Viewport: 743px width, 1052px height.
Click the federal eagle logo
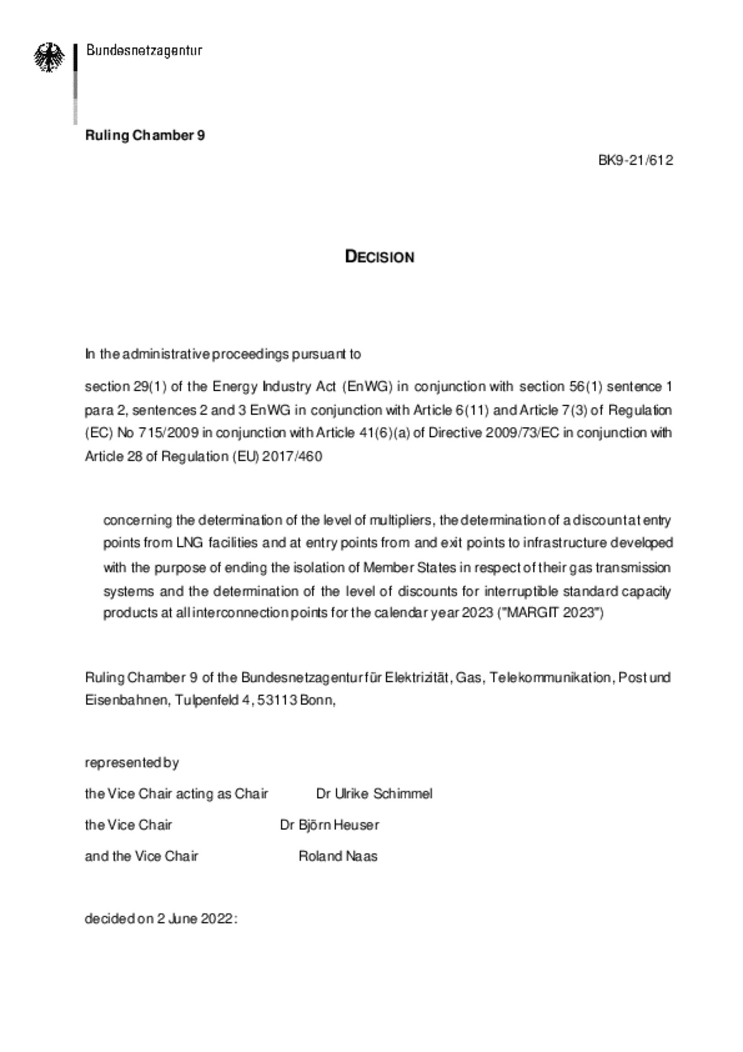pos(49,57)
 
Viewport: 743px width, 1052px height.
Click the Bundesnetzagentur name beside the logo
pos(144,51)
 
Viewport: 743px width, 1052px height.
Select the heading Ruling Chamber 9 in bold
pos(145,135)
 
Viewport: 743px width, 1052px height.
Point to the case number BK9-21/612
pos(635,160)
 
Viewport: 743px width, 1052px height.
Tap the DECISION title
pos(379,257)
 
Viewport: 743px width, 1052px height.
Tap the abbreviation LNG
pos(190,543)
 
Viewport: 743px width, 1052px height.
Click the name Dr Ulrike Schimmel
pos(374,793)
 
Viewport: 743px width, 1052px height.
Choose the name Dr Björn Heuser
pos(329,825)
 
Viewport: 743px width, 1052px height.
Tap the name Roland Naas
pos(338,856)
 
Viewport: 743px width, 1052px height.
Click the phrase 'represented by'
pos(132,762)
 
